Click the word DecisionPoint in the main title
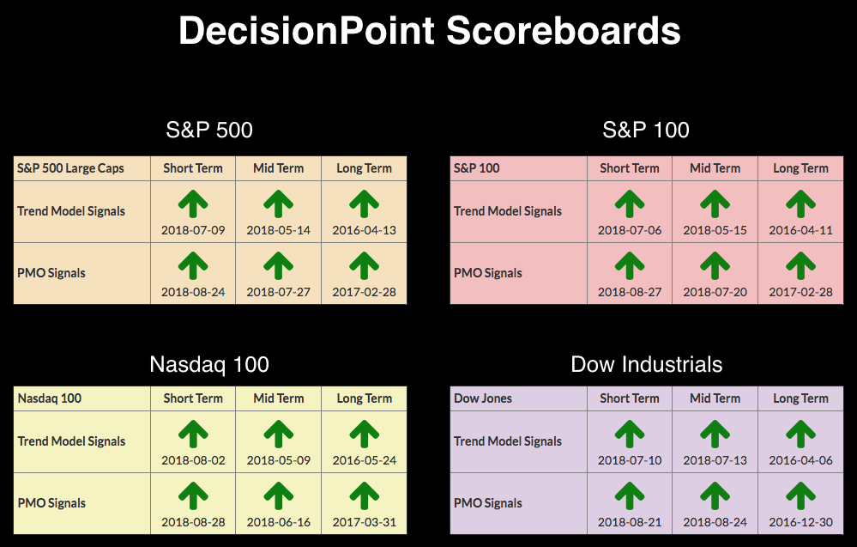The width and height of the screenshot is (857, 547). [306, 31]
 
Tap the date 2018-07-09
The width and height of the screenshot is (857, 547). [193, 230]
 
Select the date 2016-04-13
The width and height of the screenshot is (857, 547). [364, 230]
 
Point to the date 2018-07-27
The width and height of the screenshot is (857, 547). [278, 292]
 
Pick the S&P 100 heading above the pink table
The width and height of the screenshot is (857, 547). [646, 131]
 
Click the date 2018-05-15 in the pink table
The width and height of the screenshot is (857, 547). [715, 230]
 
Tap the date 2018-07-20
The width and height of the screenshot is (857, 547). [715, 292]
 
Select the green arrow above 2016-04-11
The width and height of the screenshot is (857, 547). [800, 204]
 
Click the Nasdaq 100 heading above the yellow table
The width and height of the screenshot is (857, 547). [209, 365]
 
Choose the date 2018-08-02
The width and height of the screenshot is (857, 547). [193, 460]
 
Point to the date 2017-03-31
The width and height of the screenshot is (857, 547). [364, 522]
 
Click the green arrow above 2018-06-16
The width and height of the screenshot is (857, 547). [278, 496]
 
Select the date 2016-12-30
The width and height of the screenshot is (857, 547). [800, 522]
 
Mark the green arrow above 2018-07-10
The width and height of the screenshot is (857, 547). [630, 435]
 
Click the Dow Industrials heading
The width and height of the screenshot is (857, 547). [647, 365]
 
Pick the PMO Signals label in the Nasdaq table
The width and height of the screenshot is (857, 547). [51, 503]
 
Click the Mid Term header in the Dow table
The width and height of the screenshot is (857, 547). [715, 398]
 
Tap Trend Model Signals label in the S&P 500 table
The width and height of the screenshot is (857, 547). [71, 211]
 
